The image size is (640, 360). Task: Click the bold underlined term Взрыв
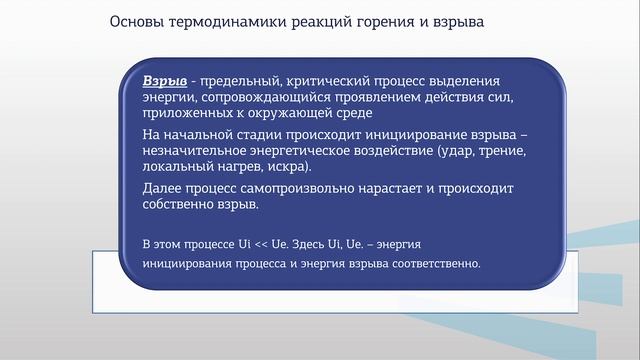click(162, 80)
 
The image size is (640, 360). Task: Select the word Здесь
click(305, 244)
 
